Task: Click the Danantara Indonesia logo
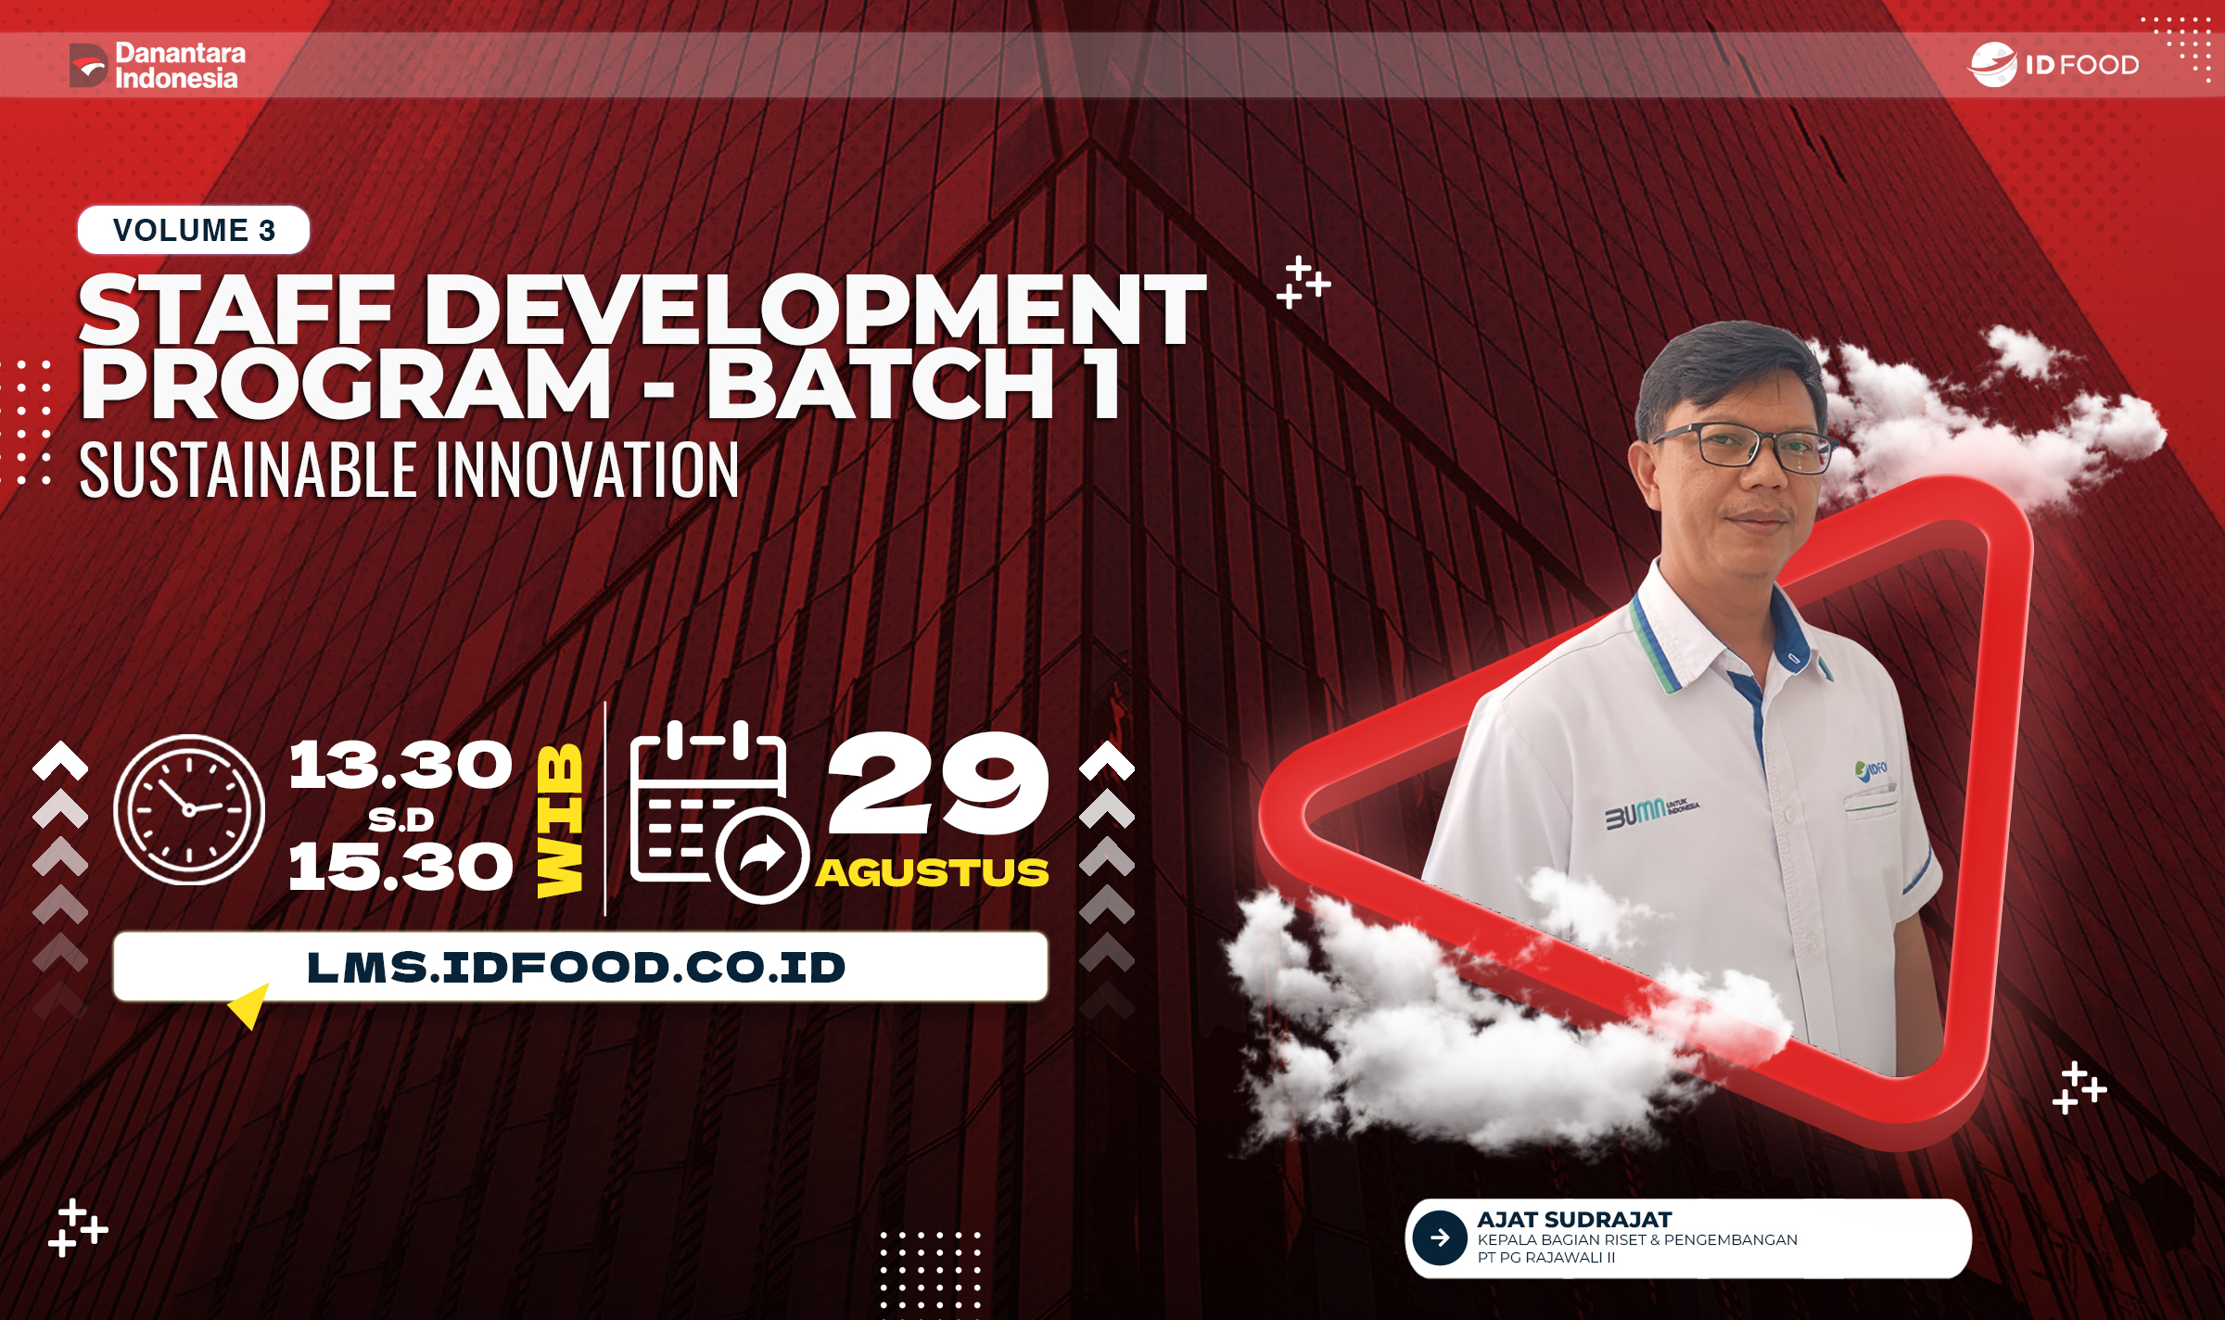[x=158, y=65]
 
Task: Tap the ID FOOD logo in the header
[x=2054, y=65]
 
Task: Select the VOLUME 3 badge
[x=194, y=230]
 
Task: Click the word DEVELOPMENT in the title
[x=816, y=311]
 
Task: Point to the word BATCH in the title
[x=881, y=385]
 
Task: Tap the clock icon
[x=189, y=809]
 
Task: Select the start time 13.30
[x=400, y=766]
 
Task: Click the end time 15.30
[x=400, y=868]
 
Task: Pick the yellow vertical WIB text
[x=561, y=820]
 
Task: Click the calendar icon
[x=714, y=811]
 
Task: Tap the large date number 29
[x=938, y=783]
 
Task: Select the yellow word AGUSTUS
[x=933, y=873]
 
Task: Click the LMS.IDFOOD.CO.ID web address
[x=577, y=968]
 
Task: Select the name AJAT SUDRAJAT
[x=1574, y=1220]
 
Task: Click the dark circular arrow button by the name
[x=1440, y=1237]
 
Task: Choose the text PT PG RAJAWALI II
[x=1546, y=1258]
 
